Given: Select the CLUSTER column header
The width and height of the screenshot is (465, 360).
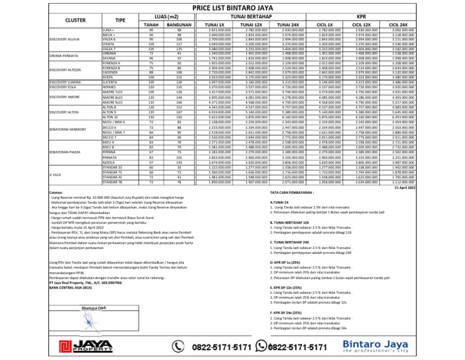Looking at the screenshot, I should (x=75, y=20).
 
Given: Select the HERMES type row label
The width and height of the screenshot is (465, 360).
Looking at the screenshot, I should (x=110, y=87).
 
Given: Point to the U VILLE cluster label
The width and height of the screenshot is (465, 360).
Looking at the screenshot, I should (x=54, y=173).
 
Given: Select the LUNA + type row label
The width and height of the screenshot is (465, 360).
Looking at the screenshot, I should (x=109, y=29).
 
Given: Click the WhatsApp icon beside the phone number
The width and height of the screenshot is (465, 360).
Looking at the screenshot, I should (x=262, y=346).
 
